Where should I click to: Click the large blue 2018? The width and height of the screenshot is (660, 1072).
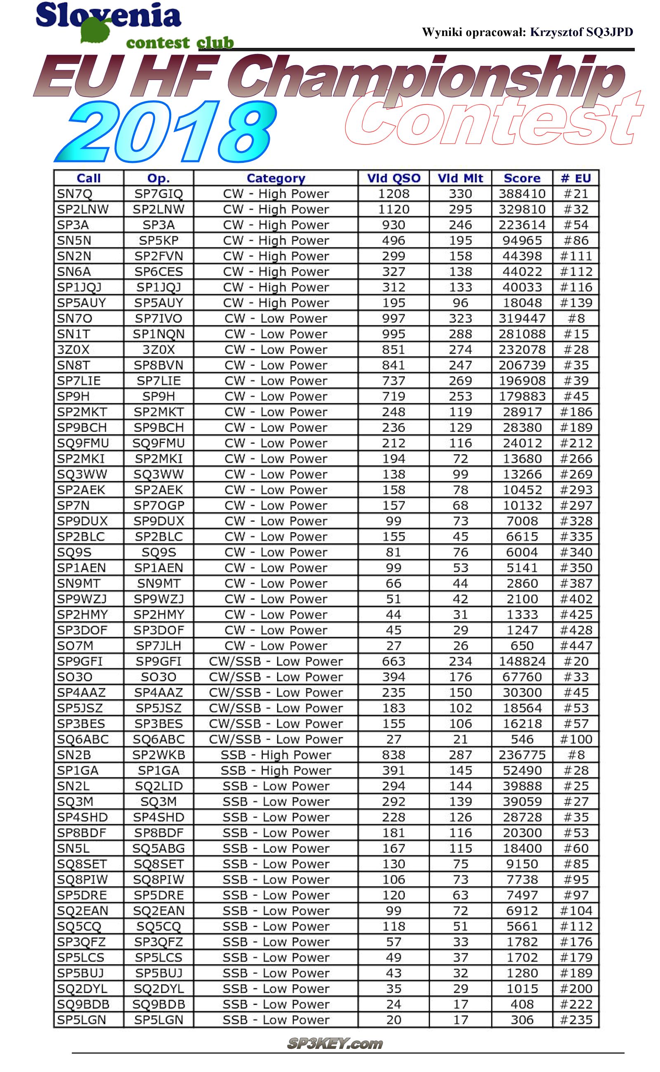(x=166, y=132)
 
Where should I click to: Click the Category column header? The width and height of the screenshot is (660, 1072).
(x=276, y=178)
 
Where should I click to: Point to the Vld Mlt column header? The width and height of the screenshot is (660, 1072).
(x=460, y=178)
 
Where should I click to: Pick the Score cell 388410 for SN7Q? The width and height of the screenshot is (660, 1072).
(x=522, y=194)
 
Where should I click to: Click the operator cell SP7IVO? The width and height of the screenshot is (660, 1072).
(x=158, y=318)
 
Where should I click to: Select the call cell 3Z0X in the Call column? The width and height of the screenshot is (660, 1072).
(x=73, y=350)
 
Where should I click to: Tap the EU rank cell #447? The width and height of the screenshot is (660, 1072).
(x=576, y=646)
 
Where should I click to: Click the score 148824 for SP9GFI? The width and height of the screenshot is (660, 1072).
(x=522, y=661)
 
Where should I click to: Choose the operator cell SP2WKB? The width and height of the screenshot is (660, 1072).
(x=158, y=755)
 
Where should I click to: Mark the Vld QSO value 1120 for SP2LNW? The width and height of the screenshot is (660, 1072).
(x=393, y=209)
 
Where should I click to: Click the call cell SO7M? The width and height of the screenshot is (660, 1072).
(x=75, y=646)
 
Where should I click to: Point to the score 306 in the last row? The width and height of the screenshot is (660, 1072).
(x=522, y=1020)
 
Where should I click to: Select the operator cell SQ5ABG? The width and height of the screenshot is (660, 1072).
(x=158, y=848)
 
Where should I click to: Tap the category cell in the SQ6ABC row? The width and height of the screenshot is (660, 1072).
(x=276, y=739)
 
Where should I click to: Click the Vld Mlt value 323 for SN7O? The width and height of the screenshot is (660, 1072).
(x=460, y=318)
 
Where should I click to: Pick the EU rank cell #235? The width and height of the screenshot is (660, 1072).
(x=576, y=1020)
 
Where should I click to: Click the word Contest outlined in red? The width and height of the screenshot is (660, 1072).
(x=493, y=120)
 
